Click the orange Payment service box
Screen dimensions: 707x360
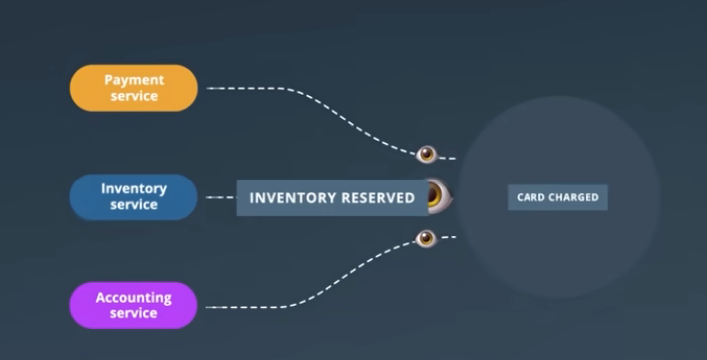(x=134, y=88)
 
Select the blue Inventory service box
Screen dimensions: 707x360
(x=134, y=197)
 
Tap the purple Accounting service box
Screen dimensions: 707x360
(x=134, y=305)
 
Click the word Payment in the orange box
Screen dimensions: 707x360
(x=134, y=80)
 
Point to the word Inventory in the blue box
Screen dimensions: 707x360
(x=134, y=189)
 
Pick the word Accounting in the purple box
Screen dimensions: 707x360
(x=134, y=298)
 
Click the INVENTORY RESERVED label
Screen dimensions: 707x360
(x=332, y=198)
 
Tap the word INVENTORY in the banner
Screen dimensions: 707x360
(x=292, y=198)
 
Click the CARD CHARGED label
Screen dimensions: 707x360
(x=557, y=197)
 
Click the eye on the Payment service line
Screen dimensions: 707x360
(x=426, y=154)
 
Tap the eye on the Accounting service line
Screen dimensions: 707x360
(x=426, y=238)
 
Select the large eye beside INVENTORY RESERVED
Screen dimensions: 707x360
(x=439, y=196)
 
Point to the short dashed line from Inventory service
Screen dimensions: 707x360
(x=221, y=197)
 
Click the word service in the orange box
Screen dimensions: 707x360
(x=134, y=95)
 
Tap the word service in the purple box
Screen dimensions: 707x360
(x=134, y=313)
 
